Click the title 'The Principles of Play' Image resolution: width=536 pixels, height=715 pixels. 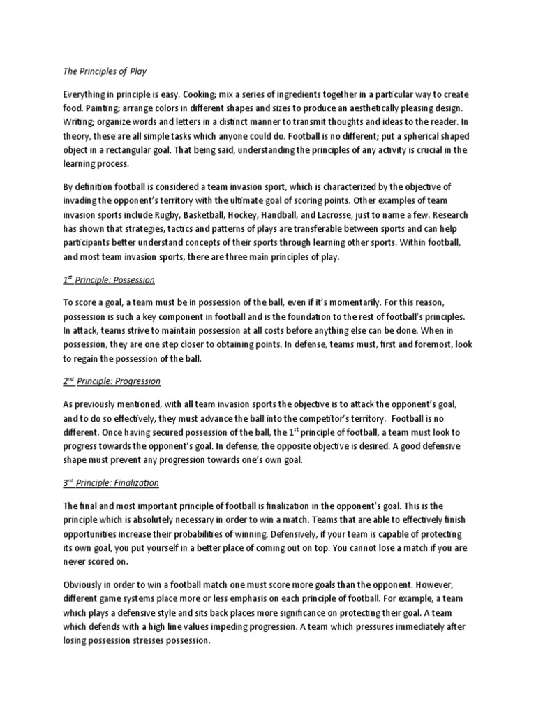104,71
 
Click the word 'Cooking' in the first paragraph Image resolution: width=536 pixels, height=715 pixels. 182,94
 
